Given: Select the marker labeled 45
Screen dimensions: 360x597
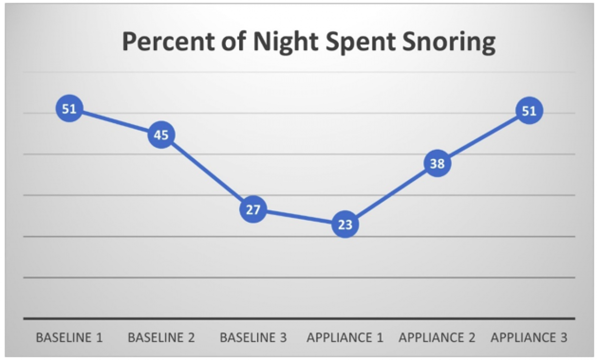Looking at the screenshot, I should [161, 135].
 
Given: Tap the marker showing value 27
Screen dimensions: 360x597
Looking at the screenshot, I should [253, 209].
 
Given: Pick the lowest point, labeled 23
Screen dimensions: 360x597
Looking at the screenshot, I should [345, 224].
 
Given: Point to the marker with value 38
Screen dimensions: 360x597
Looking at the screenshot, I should [437, 163].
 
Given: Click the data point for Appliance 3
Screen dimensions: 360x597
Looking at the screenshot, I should [528, 110].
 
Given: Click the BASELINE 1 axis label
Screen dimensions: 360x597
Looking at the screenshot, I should [69, 338].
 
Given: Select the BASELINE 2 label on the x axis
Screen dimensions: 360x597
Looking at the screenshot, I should [161, 338].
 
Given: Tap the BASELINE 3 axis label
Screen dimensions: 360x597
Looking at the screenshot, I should [253, 338].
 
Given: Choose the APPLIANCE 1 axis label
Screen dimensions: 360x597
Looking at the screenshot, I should [345, 338].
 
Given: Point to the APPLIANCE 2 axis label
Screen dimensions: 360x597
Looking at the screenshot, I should [437, 338].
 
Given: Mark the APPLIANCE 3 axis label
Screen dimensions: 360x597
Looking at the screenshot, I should [528, 338].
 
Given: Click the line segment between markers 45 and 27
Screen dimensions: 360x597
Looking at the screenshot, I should [207, 172].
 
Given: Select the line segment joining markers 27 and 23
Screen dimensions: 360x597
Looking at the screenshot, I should [299, 217].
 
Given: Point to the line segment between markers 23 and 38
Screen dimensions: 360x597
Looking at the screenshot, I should [391, 193].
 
